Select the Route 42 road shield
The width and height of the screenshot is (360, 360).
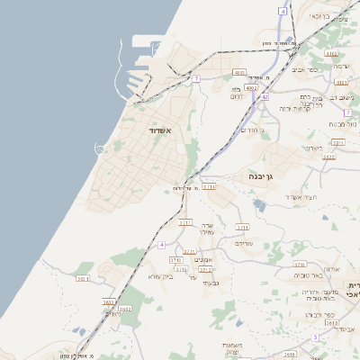(x=265, y=96)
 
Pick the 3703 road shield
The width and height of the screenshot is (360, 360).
(x=107, y=302)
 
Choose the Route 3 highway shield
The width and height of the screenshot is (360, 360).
(x=315, y=337)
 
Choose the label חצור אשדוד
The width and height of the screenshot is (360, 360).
(x=296, y=196)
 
